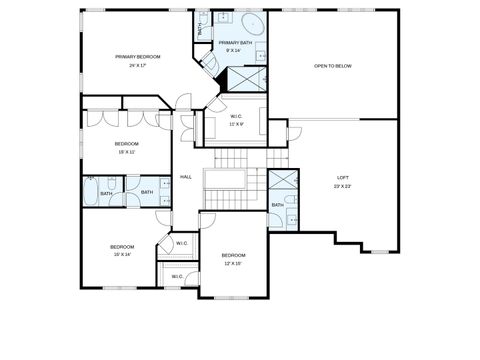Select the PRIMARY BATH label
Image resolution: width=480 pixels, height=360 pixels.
(235, 43)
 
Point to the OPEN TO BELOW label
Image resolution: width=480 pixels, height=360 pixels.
(332, 66)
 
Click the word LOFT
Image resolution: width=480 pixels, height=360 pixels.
(342, 177)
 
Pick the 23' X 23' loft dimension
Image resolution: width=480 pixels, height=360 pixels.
(342, 186)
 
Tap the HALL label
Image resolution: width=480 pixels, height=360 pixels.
(185, 177)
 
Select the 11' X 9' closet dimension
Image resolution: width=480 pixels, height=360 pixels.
(238, 124)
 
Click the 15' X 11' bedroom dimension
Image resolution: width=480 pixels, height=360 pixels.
(126, 153)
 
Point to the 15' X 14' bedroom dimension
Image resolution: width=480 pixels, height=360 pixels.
(122, 255)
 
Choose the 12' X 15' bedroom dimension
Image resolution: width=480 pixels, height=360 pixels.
(233, 264)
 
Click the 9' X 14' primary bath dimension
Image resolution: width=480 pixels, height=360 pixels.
(235, 51)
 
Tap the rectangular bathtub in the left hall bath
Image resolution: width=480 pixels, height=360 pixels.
(91, 190)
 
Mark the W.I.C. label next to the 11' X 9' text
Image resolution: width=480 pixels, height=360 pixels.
(238, 115)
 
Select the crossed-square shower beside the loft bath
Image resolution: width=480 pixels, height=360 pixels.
(282, 181)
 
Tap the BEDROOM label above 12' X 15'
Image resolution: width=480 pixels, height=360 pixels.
(233, 256)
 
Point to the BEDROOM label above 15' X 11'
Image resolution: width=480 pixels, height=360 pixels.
(126, 144)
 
